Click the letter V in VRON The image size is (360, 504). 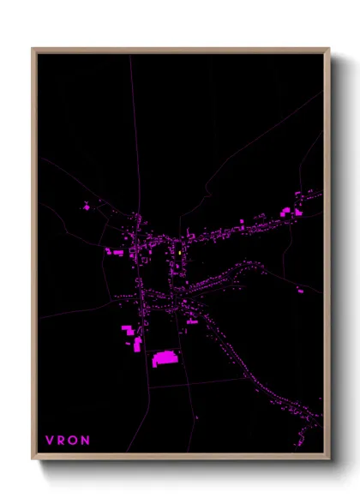pyautogui.click(x=49, y=440)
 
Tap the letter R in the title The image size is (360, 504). pyautogui.click(x=62, y=440)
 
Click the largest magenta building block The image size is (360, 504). pyautogui.click(x=165, y=357)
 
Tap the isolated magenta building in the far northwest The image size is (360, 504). pyautogui.click(x=86, y=206)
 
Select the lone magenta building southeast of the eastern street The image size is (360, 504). pyautogui.click(x=299, y=291)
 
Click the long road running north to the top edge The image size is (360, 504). pyautogui.click(x=133, y=129)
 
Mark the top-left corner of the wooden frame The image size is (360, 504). pyautogui.click(x=33, y=50)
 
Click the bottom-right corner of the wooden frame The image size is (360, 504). pyautogui.click(x=328, y=459)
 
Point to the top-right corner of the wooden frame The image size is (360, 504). pyautogui.click(x=328, y=50)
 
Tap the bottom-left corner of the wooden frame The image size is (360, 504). pyautogui.click(x=33, y=459)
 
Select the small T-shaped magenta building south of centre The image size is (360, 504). pyautogui.click(x=190, y=321)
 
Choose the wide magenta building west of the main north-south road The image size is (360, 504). pyautogui.click(x=114, y=252)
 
